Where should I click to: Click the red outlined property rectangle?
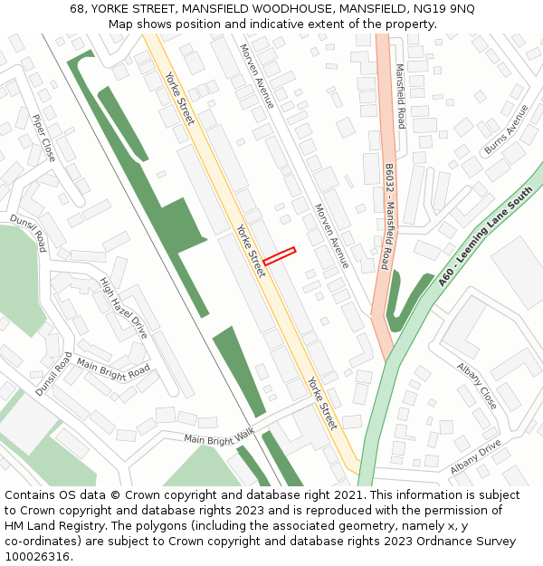[280, 256]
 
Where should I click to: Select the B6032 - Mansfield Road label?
[386, 216]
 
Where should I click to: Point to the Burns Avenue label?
[506, 130]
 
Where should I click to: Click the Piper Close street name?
[43, 138]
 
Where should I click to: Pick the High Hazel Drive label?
[124, 309]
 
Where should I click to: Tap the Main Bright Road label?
[113, 369]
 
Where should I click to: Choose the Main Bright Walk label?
[219, 437]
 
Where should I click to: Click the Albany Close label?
[476, 386]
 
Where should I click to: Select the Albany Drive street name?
[475, 457]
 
